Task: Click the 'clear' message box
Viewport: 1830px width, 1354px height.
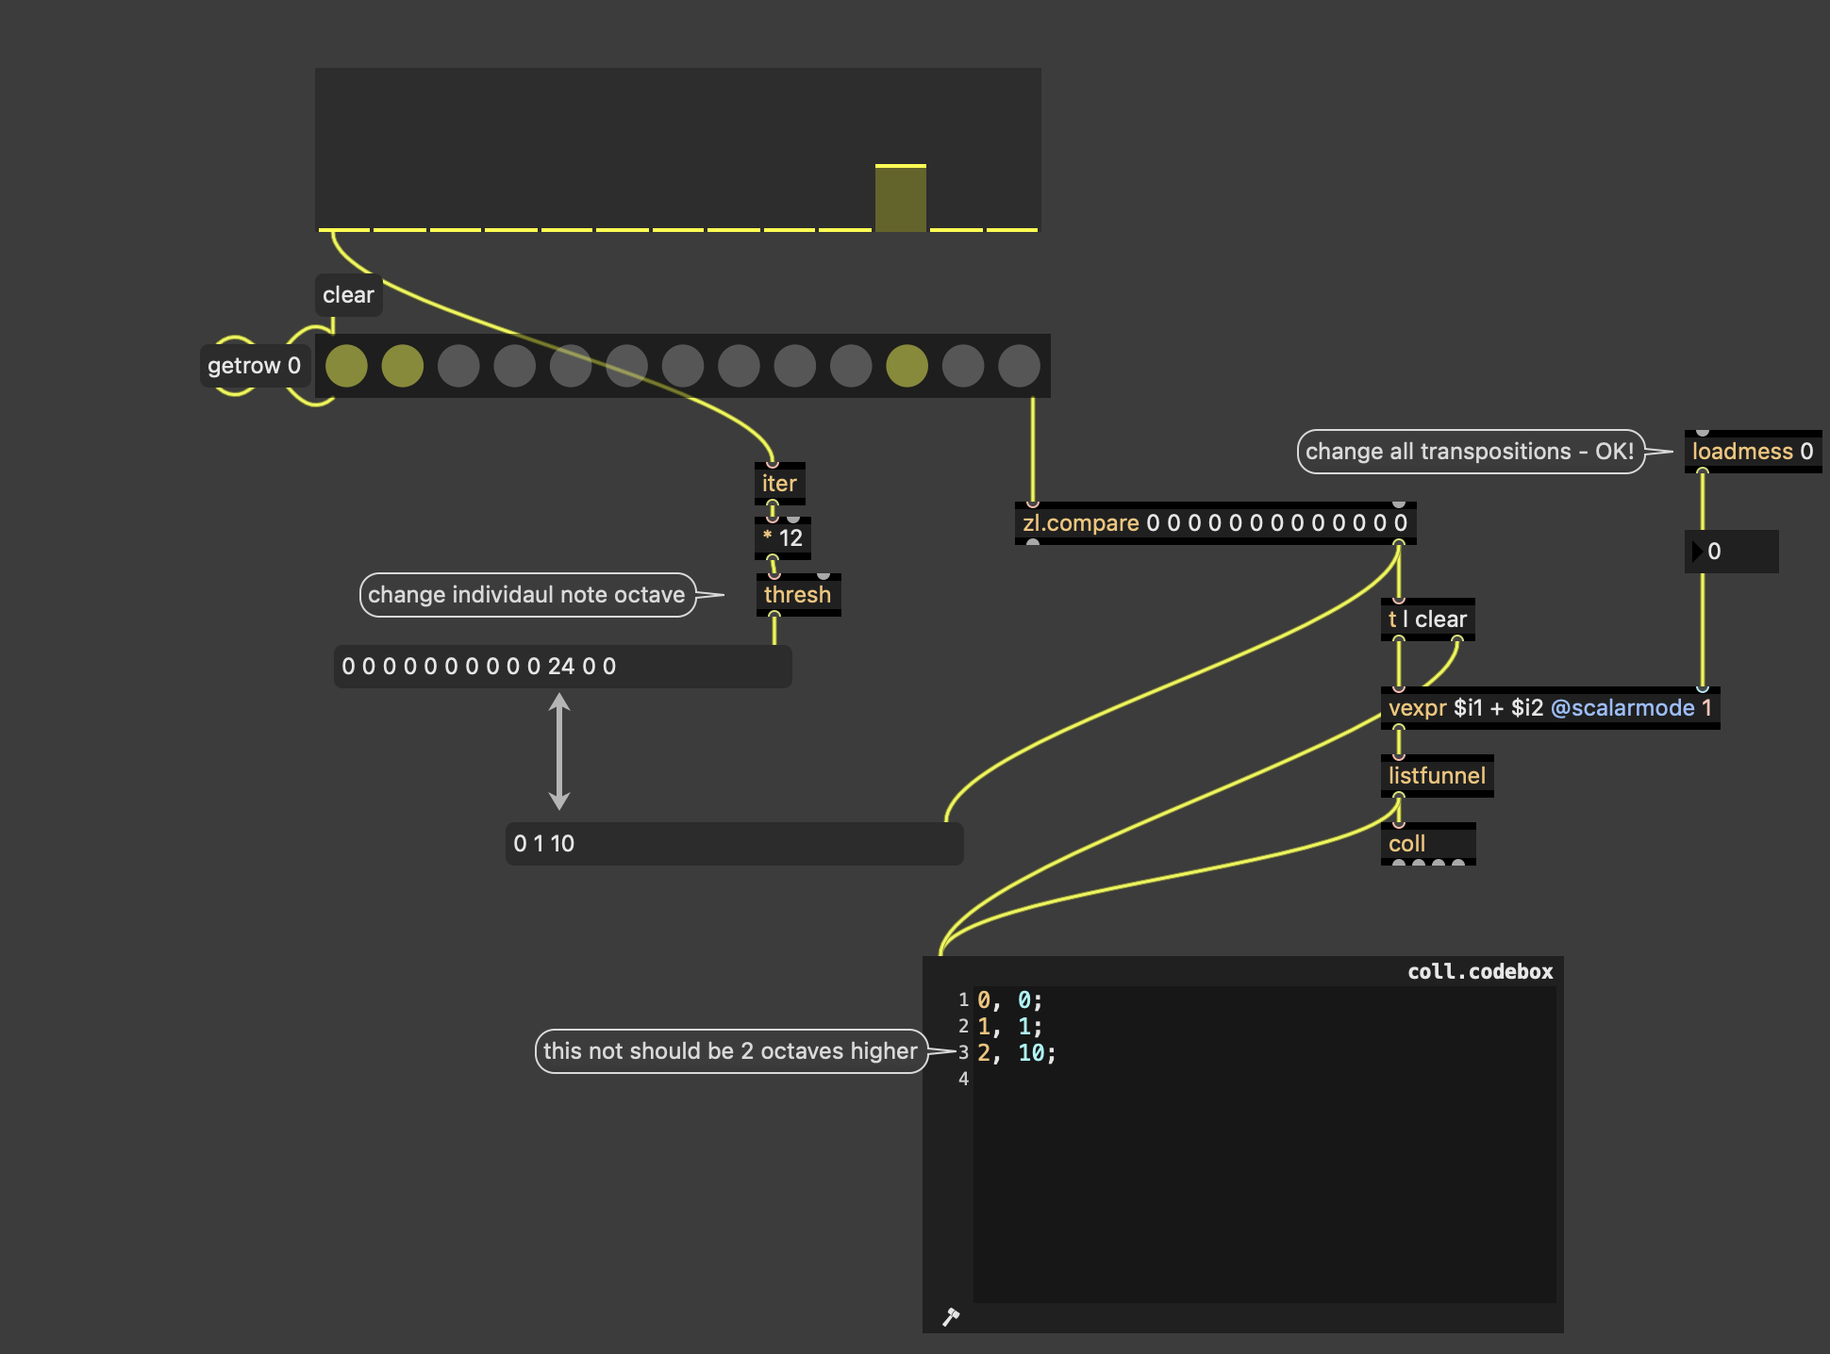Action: click(348, 295)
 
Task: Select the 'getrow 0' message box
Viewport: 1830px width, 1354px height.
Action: click(254, 366)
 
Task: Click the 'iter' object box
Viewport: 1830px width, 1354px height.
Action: click(779, 484)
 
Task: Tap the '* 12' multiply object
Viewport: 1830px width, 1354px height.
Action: click(782, 538)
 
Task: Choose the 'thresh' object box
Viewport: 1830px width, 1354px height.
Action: click(797, 595)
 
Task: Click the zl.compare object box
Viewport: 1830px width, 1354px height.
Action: click(1215, 523)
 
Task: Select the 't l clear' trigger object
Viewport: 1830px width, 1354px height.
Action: click(1427, 619)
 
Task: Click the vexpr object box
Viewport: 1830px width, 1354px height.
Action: click(1550, 708)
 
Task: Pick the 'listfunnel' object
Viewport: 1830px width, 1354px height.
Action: click(1437, 776)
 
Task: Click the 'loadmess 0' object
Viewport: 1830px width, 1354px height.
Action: click(1753, 452)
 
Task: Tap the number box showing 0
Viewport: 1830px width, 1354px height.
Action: click(1731, 552)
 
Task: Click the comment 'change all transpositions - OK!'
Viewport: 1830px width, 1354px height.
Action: click(1471, 452)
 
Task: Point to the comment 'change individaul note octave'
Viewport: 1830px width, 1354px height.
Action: click(527, 595)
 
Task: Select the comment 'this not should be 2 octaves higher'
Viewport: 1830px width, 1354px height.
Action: click(731, 1051)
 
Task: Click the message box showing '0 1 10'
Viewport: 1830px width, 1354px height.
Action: click(734, 844)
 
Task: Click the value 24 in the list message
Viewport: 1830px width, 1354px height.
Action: click(561, 667)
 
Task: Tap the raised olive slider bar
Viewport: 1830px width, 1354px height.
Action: click(901, 198)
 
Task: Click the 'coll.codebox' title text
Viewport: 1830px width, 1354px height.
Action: click(1480, 972)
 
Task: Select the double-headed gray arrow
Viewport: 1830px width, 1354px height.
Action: click(559, 751)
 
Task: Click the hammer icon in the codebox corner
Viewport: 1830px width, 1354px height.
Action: click(951, 1316)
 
